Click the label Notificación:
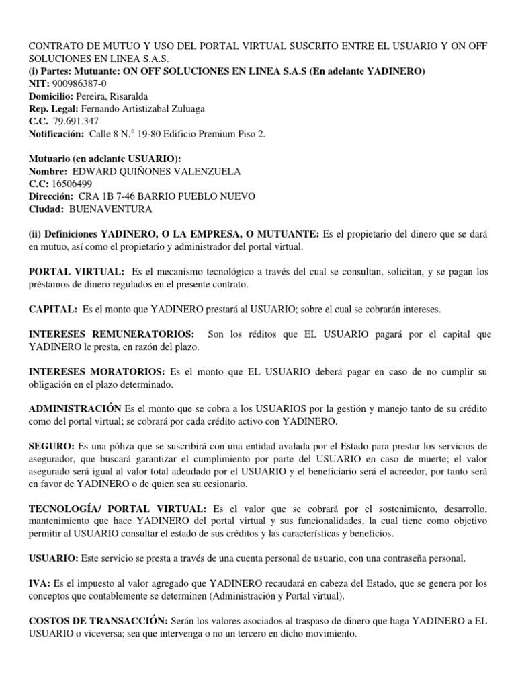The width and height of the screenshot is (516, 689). click(x=55, y=134)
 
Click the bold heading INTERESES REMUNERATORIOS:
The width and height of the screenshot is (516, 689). click(x=112, y=334)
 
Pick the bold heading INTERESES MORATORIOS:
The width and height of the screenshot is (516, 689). click(x=96, y=371)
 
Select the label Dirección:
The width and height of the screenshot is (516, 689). click(x=50, y=196)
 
